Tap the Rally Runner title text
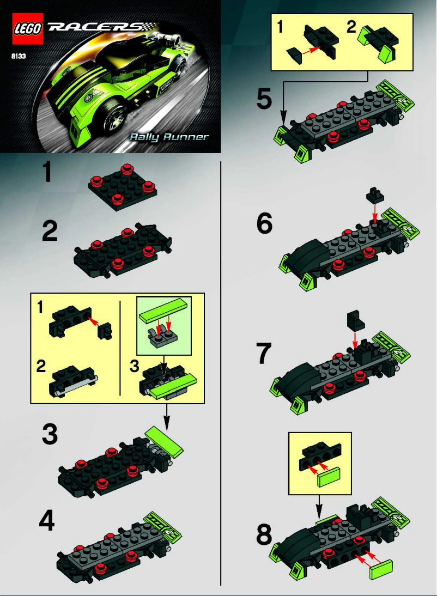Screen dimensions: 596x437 169,136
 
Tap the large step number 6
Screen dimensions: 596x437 265,223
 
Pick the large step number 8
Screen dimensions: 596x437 264,536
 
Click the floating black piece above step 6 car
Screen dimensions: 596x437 374,194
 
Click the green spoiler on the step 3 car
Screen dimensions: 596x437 165,441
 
